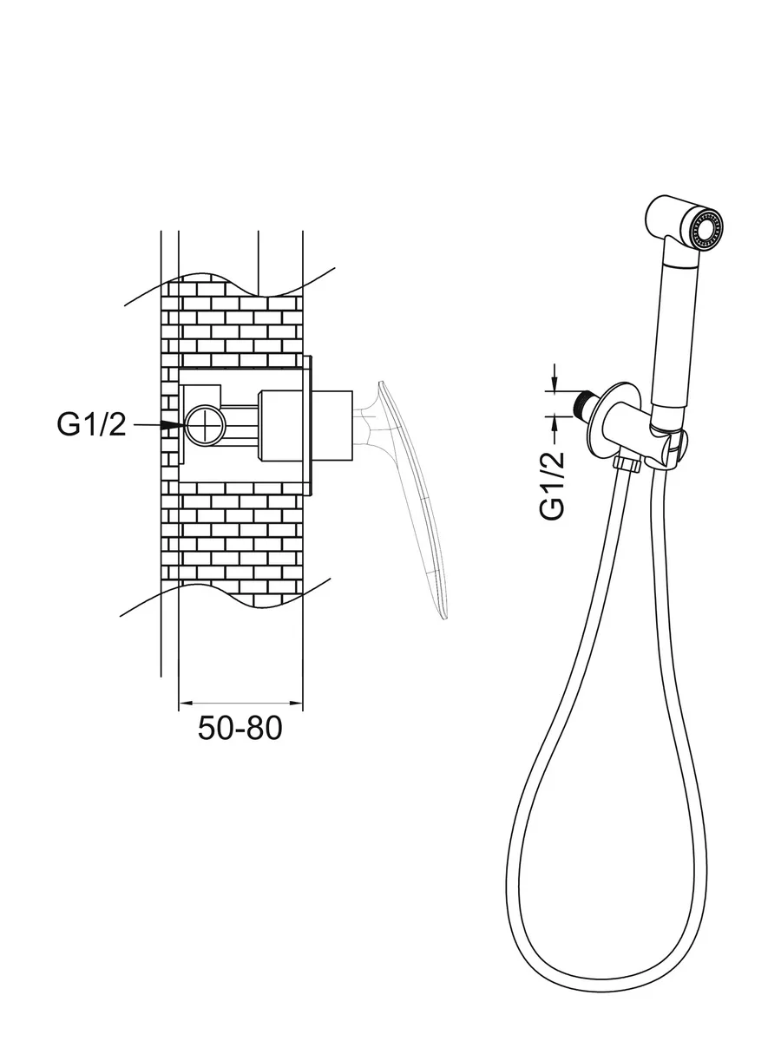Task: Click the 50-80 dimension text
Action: point(240,727)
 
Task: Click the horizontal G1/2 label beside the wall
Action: point(91,424)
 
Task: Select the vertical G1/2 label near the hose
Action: point(553,485)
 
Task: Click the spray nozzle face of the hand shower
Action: point(710,227)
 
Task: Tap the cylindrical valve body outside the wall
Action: point(331,425)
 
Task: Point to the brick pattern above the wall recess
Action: point(234,321)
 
